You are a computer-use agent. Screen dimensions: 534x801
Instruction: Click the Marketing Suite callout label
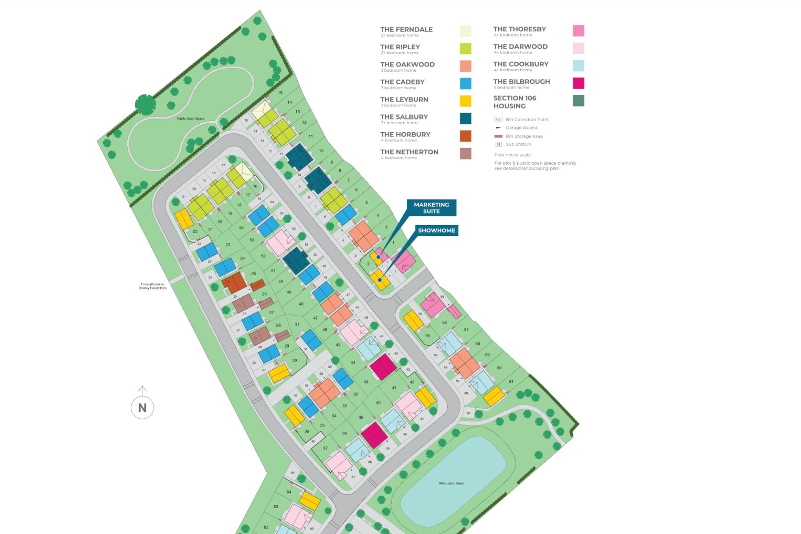coord(431,208)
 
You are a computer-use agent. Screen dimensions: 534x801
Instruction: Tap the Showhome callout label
coord(437,231)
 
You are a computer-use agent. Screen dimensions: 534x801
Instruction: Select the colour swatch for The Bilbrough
coord(578,83)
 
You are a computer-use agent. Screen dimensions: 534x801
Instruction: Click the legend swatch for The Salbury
coord(465,118)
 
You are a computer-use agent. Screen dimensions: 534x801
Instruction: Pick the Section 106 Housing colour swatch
coord(578,101)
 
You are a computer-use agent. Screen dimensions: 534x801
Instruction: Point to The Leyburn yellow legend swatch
coord(465,101)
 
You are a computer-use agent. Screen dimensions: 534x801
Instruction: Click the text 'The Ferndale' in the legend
coord(406,29)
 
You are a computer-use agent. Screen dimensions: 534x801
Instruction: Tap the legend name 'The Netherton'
coord(409,152)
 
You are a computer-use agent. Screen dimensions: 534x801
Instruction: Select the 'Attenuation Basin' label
coord(451,483)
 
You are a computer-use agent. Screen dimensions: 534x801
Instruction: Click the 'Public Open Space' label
coord(190,118)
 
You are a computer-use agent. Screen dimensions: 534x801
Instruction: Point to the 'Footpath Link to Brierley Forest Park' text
coord(152,286)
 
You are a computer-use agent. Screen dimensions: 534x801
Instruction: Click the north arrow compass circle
coord(142,407)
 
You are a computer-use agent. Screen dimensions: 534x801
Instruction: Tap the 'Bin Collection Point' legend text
coord(527,120)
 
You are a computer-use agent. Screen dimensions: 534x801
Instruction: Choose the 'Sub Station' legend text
coord(518,144)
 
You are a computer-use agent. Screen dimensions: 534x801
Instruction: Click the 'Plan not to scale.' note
coord(513,155)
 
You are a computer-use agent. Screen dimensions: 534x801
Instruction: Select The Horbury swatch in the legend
coord(465,136)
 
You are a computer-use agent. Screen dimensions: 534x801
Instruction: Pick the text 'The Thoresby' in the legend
coord(519,29)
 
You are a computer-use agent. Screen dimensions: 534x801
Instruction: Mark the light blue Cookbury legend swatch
coord(578,66)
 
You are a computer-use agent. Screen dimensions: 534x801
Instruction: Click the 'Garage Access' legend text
coord(522,128)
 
